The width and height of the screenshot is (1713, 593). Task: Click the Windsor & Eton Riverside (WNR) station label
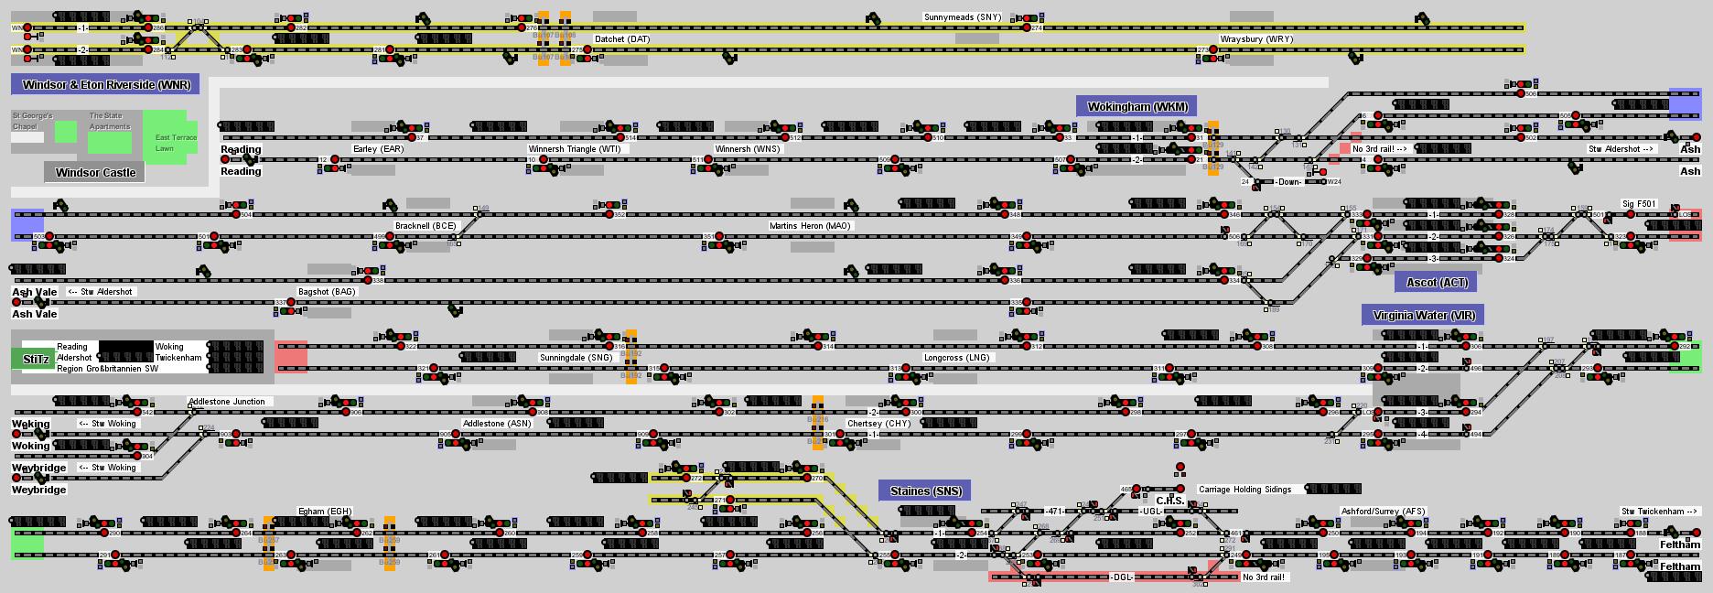pyautogui.click(x=105, y=85)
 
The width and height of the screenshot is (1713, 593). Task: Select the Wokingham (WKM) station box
pyautogui.click(x=1137, y=106)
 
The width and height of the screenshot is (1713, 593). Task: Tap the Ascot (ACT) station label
pyautogui.click(x=1436, y=282)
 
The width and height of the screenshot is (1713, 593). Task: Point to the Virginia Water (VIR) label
pyautogui.click(x=1422, y=315)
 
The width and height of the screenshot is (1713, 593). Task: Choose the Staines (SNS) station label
pyautogui.click(x=925, y=491)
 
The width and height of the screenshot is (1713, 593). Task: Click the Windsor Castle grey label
pyautogui.click(x=94, y=172)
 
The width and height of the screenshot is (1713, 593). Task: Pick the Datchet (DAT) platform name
pyautogui.click(x=622, y=39)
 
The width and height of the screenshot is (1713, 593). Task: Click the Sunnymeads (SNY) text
pyautogui.click(x=962, y=17)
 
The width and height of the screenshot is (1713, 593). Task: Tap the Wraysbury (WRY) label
pyautogui.click(x=1255, y=39)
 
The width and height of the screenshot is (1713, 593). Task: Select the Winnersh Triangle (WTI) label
pyautogui.click(x=574, y=149)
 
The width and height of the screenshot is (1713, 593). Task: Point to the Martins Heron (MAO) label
pyautogui.click(x=810, y=226)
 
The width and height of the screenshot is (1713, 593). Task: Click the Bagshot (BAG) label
pyautogui.click(x=326, y=292)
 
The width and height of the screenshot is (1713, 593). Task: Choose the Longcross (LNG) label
pyautogui.click(x=956, y=358)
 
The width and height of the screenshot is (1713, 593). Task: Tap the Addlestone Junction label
pyautogui.click(x=226, y=402)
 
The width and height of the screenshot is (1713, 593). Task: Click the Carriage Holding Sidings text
pyautogui.click(x=1244, y=490)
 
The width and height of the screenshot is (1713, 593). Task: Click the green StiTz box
pyautogui.click(x=33, y=359)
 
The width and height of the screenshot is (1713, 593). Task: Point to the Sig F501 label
pyautogui.click(x=1639, y=204)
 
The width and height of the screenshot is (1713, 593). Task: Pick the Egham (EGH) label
pyautogui.click(x=325, y=512)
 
